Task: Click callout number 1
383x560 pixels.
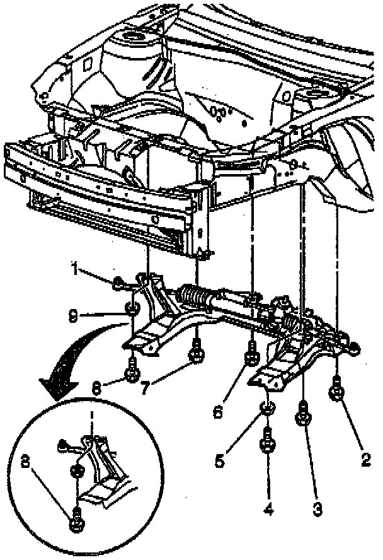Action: pos(75,272)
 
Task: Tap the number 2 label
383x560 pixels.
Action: pos(365,460)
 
